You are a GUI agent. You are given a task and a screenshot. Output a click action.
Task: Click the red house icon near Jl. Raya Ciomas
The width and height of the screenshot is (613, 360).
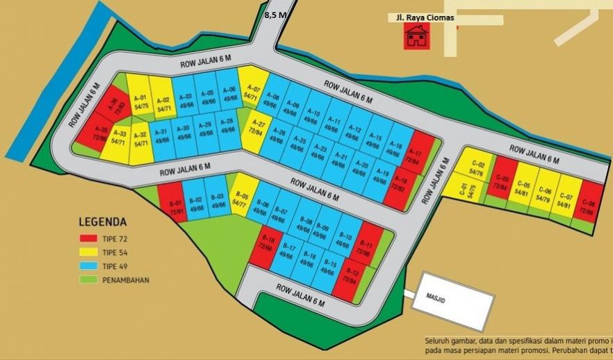coord(416,35)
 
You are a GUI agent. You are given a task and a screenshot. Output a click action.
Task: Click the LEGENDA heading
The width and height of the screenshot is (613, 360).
coord(103,223)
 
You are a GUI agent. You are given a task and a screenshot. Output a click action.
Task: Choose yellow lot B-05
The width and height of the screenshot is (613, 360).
coord(241,200)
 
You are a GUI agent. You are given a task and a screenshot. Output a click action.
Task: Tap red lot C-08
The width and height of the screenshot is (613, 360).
coord(589,200)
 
